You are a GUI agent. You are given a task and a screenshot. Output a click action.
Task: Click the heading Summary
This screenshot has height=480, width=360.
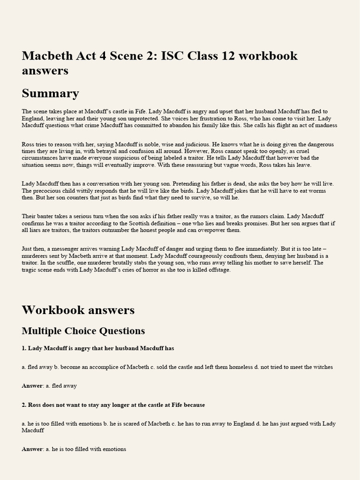pyautogui.click(x=50, y=93)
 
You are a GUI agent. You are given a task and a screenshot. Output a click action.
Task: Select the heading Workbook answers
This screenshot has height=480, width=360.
pyautogui.click(x=78, y=310)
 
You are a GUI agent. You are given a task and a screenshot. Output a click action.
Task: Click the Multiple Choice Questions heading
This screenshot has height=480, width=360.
pyautogui.click(x=83, y=331)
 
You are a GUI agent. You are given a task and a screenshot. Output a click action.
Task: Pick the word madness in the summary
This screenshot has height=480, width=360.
pyautogui.click(x=325, y=125)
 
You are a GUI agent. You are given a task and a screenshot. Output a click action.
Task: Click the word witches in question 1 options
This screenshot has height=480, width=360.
pyautogui.click(x=322, y=367)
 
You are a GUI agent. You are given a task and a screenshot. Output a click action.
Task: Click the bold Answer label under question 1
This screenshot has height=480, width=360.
pyautogui.click(x=32, y=386)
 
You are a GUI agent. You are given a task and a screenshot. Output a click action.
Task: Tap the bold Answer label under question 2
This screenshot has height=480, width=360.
pyautogui.click(x=32, y=449)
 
